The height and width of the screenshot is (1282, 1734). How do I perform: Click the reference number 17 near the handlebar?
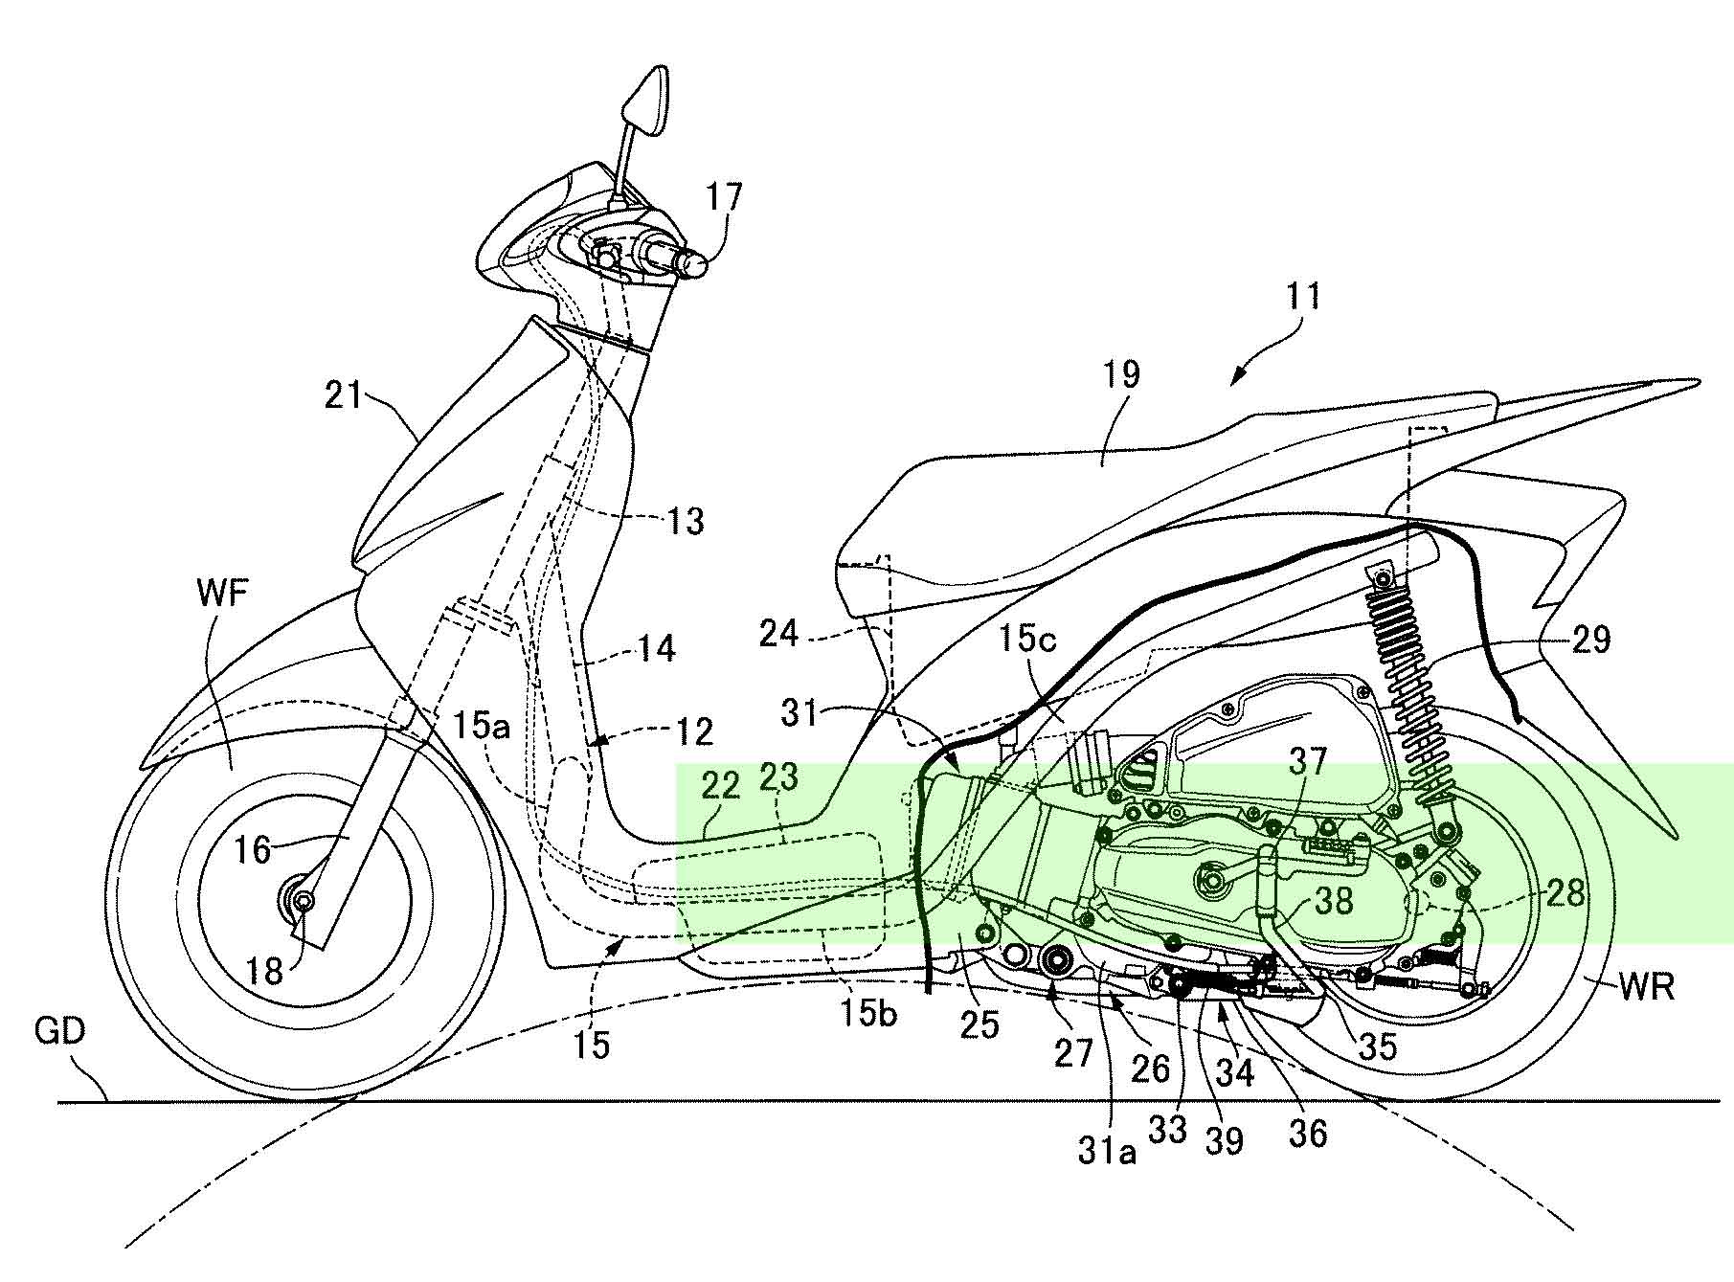point(724,198)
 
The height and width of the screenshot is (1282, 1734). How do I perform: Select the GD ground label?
point(59,1030)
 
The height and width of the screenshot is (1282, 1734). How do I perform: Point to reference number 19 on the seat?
point(1121,374)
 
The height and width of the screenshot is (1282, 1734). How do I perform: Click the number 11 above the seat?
point(1304,296)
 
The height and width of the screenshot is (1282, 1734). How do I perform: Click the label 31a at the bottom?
point(1108,1150)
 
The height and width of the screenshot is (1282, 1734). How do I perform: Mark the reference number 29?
point(1591,639)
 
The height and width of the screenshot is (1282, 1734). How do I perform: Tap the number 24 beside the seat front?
point(779,633)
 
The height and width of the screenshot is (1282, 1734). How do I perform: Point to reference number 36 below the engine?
point(1309,1133)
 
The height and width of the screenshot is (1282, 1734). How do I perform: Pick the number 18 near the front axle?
point(265,971)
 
